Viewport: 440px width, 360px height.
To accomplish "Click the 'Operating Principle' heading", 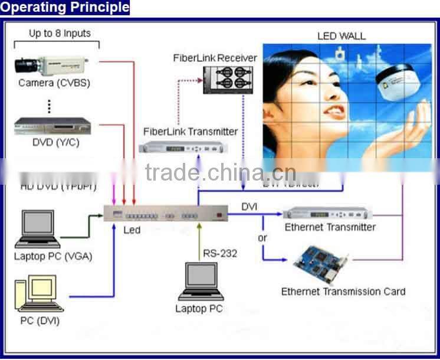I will [64, 7].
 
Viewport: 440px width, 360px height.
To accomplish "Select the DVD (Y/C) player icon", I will [53, 126].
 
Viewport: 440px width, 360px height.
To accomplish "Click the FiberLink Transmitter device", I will [189, 148].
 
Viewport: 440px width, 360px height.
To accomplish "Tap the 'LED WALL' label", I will [341, 36].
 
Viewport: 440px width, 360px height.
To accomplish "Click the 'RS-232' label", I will [220, 253].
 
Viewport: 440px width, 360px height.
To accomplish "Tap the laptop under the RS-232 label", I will [200, 283].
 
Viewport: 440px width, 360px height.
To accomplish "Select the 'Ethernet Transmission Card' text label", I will [343, 291].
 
